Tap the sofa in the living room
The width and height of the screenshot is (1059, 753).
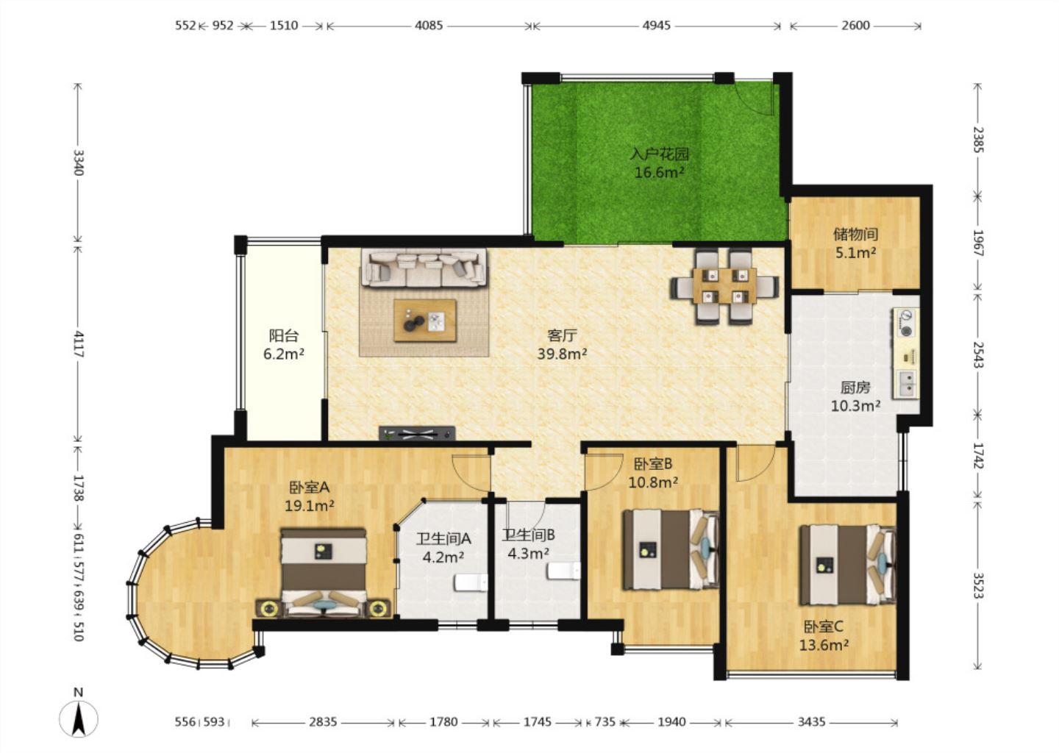pyautogui.click(x=424, y=268)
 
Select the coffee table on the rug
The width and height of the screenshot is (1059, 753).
pyautogui.click(x=425, y=320)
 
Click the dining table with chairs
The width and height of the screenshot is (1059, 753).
pyautogui.click(x=724, y=286)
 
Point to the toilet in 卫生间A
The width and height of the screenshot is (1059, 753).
pyautogui.click(x=471, y=582)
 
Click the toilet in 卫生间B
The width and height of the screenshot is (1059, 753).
pyautogui.click(x=563, y=571)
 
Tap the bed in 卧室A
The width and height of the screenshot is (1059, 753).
pyautogui.click(x=324, y=573)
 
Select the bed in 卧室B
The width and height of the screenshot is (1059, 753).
pyautogui.click(x=671, y=549)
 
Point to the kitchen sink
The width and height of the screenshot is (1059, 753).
pyautogui.click(x=906, y=383)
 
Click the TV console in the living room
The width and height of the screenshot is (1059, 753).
pyautogui.click(x=417, y=433)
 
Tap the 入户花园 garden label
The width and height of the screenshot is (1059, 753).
pyautogui.click(x=660, y=154)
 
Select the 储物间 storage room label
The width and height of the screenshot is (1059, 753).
pyautogui.click(x=855, y=234)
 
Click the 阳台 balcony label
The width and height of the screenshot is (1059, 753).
pyautogui.click(x=284, y=335)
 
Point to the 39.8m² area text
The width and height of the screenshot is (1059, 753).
pyautogui.click(x=562, y=354)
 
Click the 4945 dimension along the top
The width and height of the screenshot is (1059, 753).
pyautogui.click(x=656, y=26)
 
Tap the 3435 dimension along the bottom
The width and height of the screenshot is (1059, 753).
pyautogui.click(x=811, y=722)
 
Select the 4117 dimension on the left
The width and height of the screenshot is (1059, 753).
pyautogui.click(x=79, y=344)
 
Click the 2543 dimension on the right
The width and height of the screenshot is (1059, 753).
pyautogui.click(x=978, y=355)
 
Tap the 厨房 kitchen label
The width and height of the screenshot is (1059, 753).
pyautogui.click(x=855, y=388)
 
